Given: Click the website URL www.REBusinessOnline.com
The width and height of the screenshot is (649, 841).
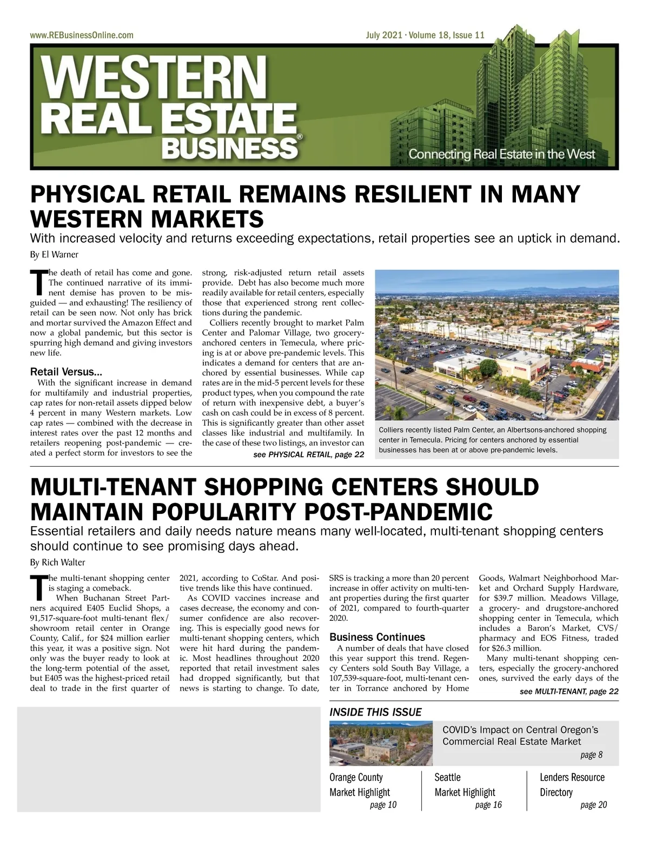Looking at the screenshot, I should click(82, 36).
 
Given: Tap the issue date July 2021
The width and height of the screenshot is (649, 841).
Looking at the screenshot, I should click(383, 36).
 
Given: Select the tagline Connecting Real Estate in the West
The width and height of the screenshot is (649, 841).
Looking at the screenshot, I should click(501, 154).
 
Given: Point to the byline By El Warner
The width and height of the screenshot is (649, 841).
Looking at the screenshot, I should click(54, 254).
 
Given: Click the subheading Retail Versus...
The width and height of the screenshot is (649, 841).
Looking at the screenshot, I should click(66, 372).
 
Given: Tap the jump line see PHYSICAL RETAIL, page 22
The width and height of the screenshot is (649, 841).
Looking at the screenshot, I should click(308, 454).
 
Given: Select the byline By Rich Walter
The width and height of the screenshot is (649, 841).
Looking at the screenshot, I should click(57, 562).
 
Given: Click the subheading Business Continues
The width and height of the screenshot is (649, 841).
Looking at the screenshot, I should click(377, 637).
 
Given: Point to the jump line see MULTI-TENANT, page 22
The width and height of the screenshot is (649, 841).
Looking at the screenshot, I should click(568, 691).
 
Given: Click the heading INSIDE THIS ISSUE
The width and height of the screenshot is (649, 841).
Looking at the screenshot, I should click(375, 712).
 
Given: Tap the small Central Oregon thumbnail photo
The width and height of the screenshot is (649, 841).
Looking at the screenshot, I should click(381, 743).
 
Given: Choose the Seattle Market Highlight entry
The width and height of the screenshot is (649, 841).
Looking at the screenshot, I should click(465, 785).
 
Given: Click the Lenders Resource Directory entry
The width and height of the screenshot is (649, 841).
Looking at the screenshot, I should click(572, 785).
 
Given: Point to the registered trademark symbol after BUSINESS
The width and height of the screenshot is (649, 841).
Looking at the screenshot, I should click(300, 138).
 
